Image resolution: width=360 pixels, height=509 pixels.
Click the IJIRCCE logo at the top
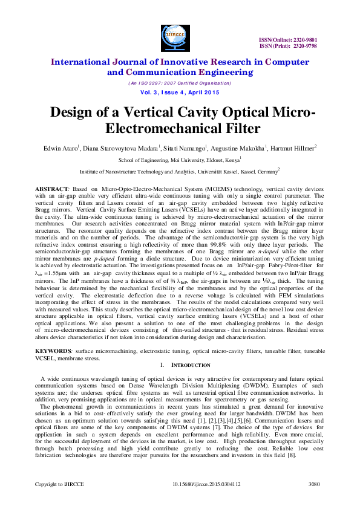180,36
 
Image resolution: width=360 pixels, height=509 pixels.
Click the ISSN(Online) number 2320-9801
321,39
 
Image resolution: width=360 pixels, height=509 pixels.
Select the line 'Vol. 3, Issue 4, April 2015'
180,92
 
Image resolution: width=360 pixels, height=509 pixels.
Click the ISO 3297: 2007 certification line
180,83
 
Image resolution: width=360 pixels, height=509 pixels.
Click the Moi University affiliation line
179,160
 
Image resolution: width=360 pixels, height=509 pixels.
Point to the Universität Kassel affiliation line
179,172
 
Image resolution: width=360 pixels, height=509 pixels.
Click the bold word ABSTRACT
53,189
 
